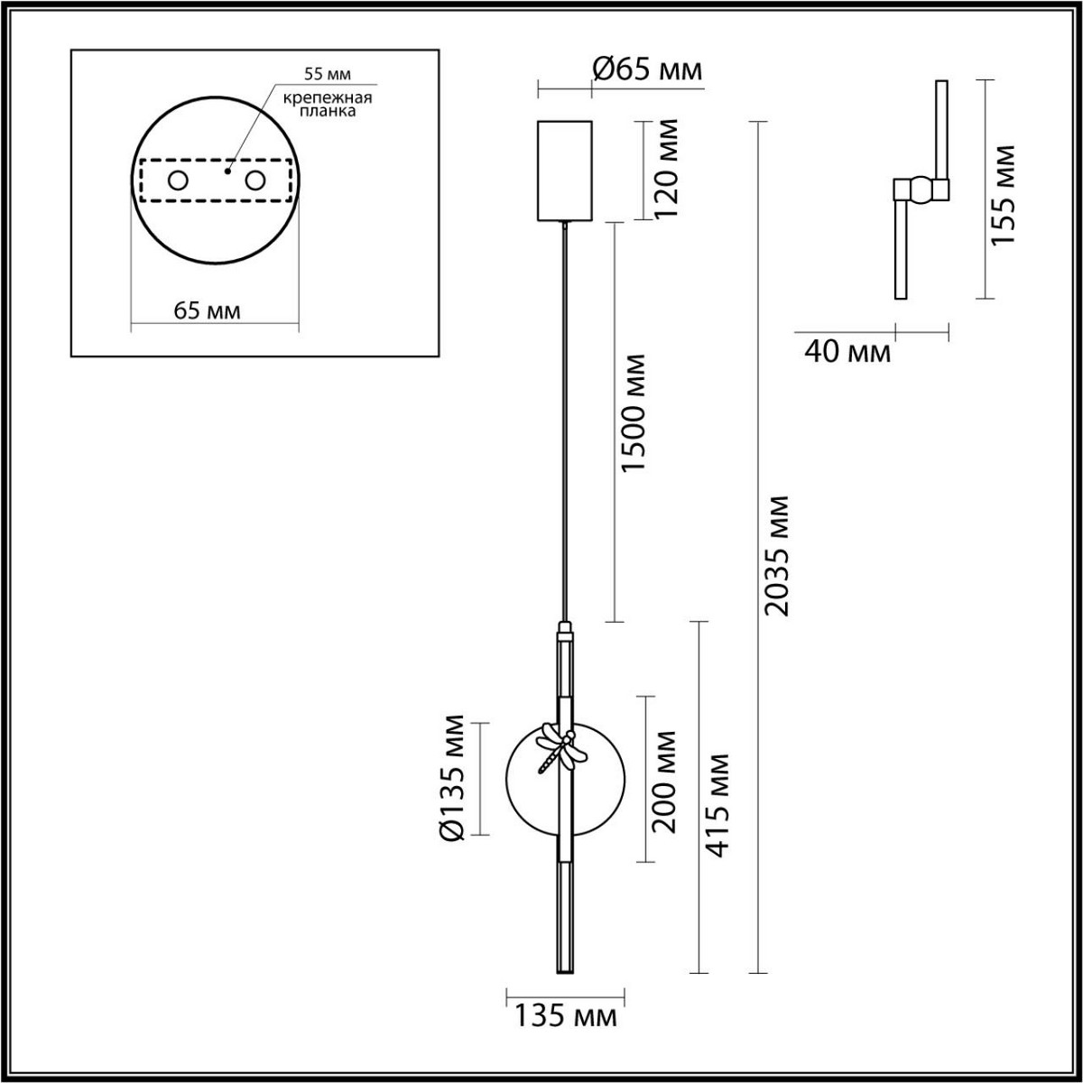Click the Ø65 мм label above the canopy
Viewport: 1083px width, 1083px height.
647,69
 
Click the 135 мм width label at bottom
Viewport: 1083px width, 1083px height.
567,1017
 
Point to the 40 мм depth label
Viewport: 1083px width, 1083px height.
847,352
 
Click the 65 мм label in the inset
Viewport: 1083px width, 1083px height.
207,311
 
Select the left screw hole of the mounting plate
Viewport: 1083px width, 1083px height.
177,180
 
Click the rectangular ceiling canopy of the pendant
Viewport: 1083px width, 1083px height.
564,171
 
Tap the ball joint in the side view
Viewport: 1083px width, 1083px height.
921,190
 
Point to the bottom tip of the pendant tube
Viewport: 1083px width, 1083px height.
565,969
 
